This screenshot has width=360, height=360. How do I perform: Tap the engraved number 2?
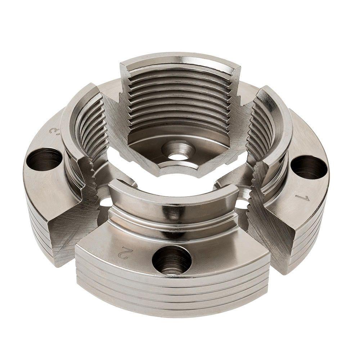click(123, 253)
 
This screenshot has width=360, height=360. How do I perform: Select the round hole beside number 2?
click(172, 260)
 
